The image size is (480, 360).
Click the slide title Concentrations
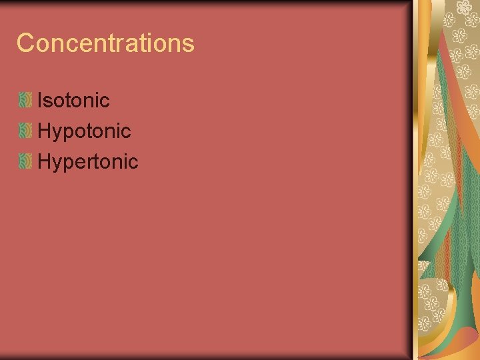pyautogui.click(x=105, y=43)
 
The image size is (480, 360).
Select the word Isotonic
pyautogui.click(x=73, y=101)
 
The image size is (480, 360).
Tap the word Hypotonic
pyautogui.click(x=84, y=131)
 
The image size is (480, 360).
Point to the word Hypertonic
pyautogui.click(x=87, y=162)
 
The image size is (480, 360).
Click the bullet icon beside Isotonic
pyautogui.click(x=25, y=101)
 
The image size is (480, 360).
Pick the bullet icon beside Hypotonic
pyautogui.click(x=25, y=131)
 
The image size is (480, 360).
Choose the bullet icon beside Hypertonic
pyautogui.click(x=25, y=161)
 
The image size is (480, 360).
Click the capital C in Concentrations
pyautogui.click(x=25, y=43)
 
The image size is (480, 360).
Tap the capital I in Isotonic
pyautogui.click(x=41, y=101)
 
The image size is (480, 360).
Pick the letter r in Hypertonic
pyautogui.click(x=91, y=163)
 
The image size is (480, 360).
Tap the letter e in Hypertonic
pyautogui.click(x=81, y=163)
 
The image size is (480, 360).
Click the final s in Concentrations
pyautogui.click(x=189, y=45)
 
